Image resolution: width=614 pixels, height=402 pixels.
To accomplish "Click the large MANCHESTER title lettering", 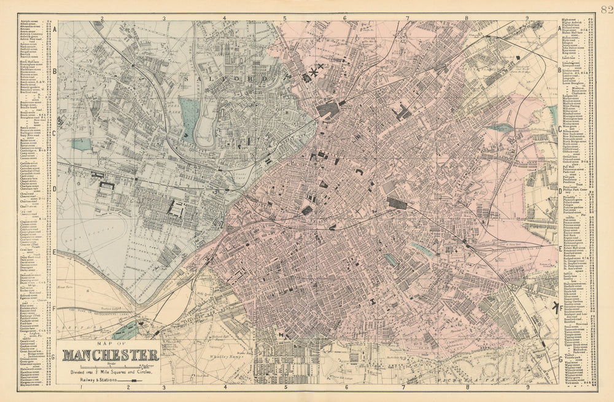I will [x=111, y=355].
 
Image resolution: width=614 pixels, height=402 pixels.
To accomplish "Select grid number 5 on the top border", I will [x=284, y=18].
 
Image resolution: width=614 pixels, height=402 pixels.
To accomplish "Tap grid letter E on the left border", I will [x=55, y=251].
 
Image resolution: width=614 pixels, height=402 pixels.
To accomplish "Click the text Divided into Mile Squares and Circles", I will [x=111, y=372].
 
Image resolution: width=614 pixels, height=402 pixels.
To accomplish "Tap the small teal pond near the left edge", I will [x=81, y=144].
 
